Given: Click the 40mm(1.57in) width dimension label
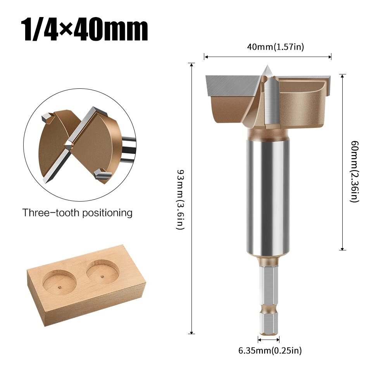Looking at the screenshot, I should click(276, 47).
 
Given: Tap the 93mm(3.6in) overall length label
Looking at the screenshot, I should click(180, 200).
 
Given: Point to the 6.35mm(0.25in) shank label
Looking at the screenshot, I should click(270, 351).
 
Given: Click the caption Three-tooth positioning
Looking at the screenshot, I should click(77, 213).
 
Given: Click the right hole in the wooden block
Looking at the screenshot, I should click(102, 270).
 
